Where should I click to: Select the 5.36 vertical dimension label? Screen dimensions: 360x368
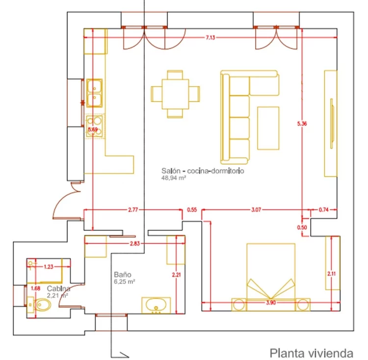tap(302, 124)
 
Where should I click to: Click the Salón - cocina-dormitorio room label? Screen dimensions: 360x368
tap(203, 171)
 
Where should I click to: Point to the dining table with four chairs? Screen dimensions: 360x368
tap(175, 93)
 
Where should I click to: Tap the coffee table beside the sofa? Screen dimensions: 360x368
tap(268, 128)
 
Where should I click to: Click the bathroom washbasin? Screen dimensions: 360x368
tap(157, 305)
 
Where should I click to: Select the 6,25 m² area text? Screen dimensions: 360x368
tap(125, 282)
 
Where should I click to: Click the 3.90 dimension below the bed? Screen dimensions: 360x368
tap(271, 303)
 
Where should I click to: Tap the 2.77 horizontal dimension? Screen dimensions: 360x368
tap(132, 210)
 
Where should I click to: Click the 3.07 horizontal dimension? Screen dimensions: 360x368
tap(256, 210)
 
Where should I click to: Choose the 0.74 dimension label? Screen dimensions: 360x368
tap(324, 210)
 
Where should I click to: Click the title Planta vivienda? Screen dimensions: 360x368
tap(312, 352)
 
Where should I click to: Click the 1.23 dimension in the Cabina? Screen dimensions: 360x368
tap(49, 267)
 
